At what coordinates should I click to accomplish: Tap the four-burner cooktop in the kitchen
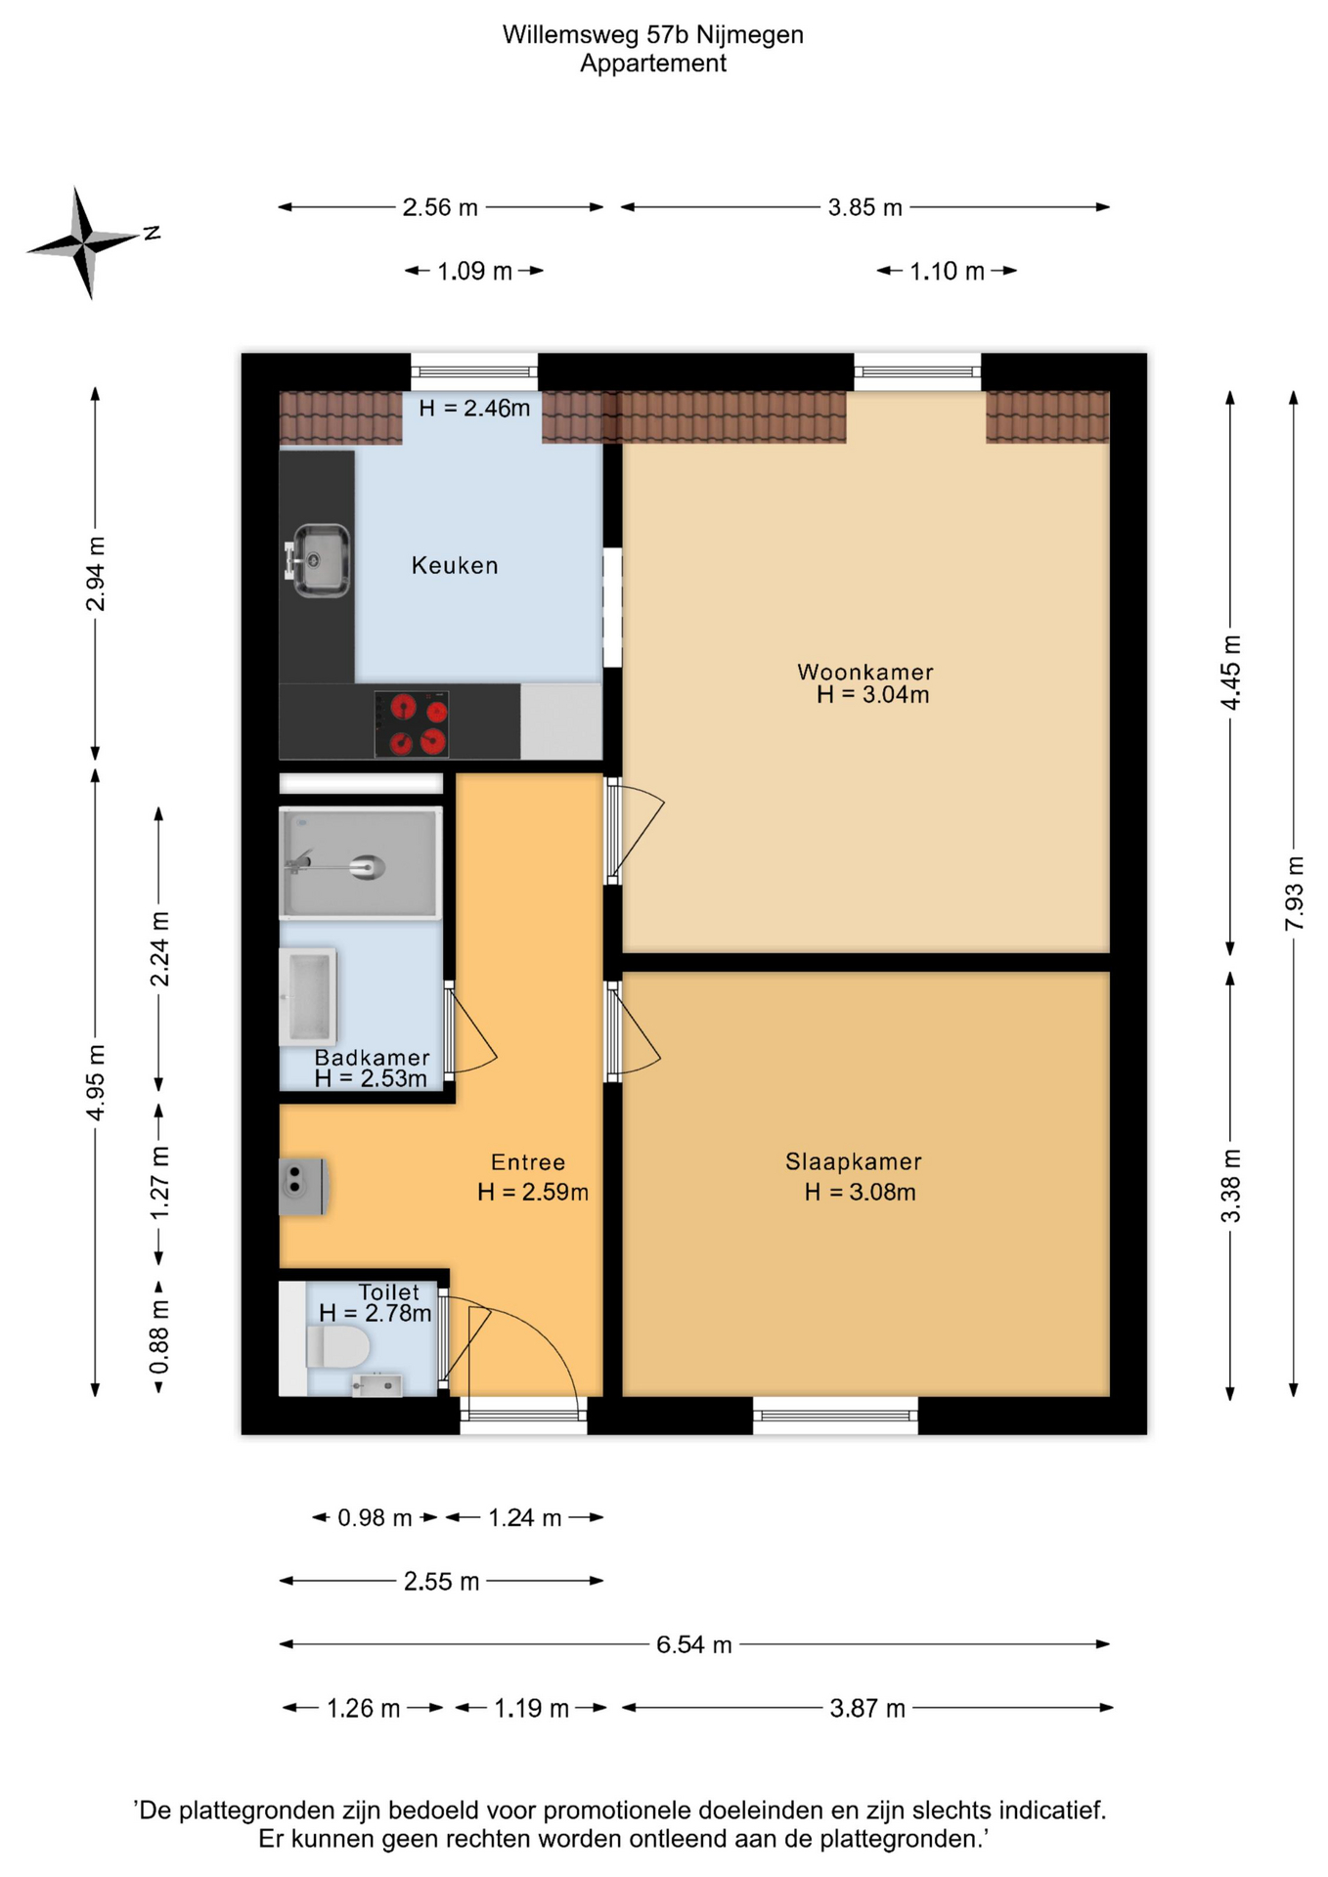412,724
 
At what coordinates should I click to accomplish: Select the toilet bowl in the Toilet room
338,1347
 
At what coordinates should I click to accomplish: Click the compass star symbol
83,241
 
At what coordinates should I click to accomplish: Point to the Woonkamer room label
865,672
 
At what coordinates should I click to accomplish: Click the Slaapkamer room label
854,1161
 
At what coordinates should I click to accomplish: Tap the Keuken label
455,565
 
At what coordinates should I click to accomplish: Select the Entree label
528,1162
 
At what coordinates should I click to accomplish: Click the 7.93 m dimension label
1294,894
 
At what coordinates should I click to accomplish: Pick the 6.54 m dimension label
694,1644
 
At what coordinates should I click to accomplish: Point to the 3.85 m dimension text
865,207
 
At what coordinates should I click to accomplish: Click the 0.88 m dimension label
159,1335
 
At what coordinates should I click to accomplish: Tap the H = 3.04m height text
873,695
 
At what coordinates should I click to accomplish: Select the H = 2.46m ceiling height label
474,408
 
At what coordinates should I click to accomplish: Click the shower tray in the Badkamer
361,863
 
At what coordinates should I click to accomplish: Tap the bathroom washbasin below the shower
308,996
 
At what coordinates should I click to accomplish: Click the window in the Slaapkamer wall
835,1416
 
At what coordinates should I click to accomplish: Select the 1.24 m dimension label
525,1517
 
